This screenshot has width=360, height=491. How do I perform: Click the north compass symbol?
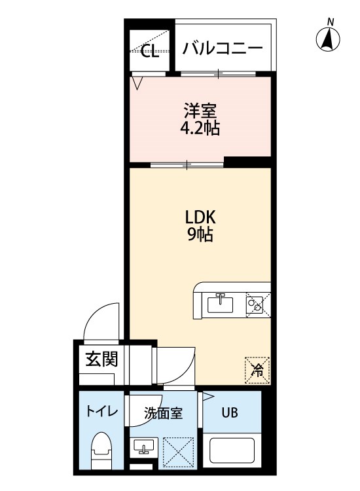328,38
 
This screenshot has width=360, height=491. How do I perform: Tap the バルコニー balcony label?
223,48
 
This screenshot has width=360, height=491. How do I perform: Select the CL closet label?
150,51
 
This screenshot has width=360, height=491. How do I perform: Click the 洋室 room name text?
200,111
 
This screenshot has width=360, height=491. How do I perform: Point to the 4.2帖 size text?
200,128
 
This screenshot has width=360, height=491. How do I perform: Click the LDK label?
200,217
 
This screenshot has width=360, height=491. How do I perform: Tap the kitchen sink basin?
221,304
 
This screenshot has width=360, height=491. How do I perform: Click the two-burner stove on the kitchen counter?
258,305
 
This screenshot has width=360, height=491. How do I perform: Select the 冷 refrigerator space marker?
258,370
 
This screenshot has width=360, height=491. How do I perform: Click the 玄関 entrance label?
101,359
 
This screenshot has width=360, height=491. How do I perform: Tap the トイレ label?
102,411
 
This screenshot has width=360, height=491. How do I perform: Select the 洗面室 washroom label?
163,413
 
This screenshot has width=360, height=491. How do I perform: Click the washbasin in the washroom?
144,446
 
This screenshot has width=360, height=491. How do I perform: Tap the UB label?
230,412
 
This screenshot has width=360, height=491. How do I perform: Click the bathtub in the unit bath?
232,450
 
